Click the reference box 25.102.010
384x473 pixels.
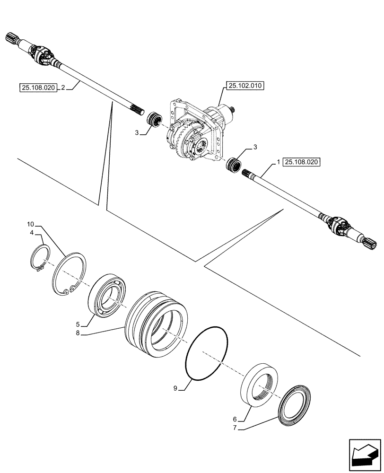(x=245, y=86)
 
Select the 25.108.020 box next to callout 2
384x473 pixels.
(x=38, y=87)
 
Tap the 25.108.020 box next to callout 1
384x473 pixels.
(x=303, y=162)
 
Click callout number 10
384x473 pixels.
(x=31, y=223)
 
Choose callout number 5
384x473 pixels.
(x=77, y=324)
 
